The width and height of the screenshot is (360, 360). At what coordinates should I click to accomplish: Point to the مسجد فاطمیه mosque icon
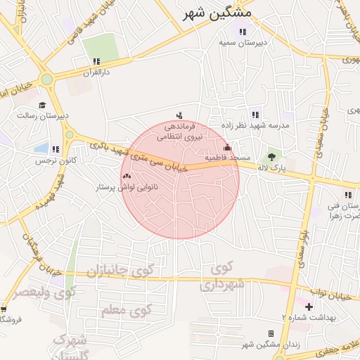click(x=226, y=148)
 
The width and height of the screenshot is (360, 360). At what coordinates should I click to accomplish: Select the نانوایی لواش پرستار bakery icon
click(x=127, y=176)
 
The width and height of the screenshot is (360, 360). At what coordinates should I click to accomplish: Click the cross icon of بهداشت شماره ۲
click(x=310, y=307)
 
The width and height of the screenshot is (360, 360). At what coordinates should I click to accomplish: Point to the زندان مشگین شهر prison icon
click(x=271, y=333)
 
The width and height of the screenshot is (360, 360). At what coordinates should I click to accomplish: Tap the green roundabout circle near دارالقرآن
click(x=47, y=79)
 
